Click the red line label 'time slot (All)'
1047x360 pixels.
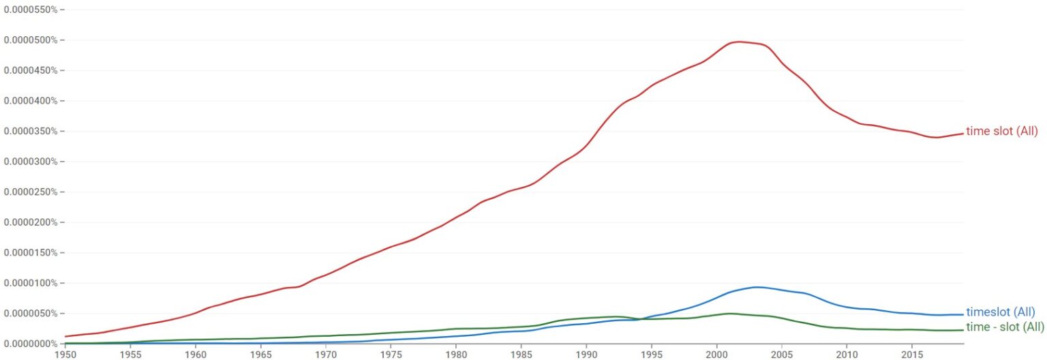point(1001,132)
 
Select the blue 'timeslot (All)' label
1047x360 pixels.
point(1000,312)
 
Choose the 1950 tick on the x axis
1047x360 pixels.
point(65,355)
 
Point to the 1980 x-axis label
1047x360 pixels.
point(456,355)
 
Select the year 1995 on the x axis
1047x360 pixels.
point(652,355)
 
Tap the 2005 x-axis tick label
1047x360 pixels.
point(782,355)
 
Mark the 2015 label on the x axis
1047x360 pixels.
point(912,355)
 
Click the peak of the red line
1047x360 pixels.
point(739,42)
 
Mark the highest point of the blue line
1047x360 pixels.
point(756,287)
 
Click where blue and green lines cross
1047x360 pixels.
point(642,319)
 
